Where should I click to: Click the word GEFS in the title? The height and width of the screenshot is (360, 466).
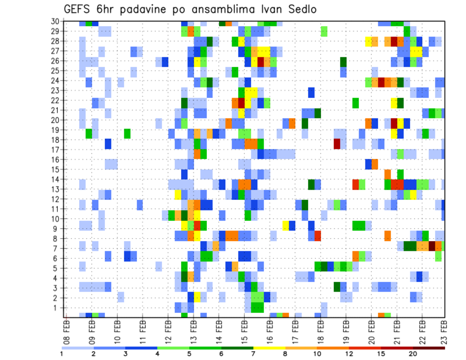tap(77, 10)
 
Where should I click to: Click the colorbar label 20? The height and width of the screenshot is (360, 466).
tap(413, 354)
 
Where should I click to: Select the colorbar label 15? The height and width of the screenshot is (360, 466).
tap(381, 354)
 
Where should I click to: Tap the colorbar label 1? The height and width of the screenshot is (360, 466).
tap(62, 354)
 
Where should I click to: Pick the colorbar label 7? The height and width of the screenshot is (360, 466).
tap(253, 354)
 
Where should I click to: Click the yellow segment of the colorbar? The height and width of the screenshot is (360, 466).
tap(269, 347)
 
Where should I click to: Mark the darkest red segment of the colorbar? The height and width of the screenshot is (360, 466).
tap(429, 347)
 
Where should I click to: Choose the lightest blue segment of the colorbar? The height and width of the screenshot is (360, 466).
tap(78, 347)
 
